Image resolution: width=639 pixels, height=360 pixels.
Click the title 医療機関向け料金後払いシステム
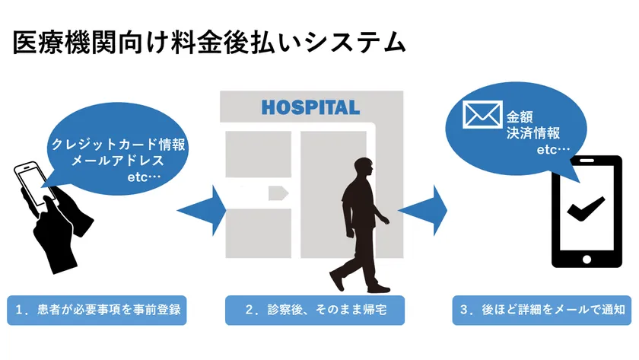pos(208,43)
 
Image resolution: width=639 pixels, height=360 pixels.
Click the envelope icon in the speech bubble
pos(482,116)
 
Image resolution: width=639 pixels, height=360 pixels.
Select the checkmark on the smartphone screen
pos(584,208)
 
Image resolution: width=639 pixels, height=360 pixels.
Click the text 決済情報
pos(532,133)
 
